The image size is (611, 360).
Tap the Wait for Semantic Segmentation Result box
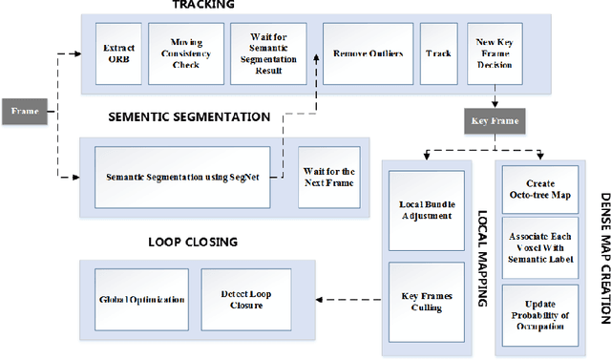pyautogui.click(x=262, y=53)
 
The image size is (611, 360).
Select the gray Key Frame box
pyautogui.click(x=494, y=121)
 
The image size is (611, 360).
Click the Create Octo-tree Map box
pyautogui.click(x=540, y=188)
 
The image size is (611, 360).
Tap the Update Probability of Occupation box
pyautogui.click(x=540, y=304)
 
